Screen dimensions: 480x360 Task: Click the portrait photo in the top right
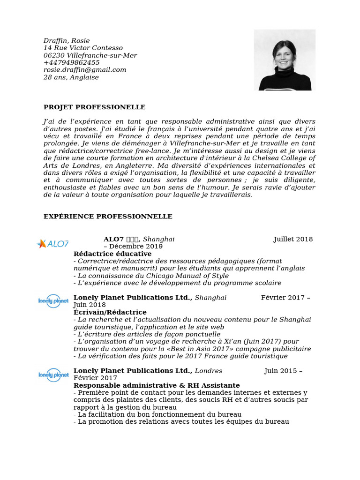point(285,60)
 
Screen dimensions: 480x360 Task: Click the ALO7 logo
point(53,244)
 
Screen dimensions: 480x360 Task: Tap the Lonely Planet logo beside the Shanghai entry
point(53,301)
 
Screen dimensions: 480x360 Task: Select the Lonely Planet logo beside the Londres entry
point(53,375)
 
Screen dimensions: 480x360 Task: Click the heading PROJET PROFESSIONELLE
point(94,107)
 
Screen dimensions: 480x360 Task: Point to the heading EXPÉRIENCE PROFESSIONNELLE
point(108,217)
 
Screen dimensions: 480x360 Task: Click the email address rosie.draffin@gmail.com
point(85,70)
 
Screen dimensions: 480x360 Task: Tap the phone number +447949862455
point(72,63)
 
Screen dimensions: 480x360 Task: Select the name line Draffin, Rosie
point(67,41)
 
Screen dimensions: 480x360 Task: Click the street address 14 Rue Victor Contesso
point(83,48)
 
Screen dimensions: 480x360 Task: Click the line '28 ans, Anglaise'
point(71,77)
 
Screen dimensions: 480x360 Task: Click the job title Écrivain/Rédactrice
point(110,312)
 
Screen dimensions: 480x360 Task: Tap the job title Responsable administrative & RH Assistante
point(157,385)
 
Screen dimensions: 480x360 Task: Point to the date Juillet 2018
point(293,240)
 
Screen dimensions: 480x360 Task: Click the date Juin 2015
point(280,371)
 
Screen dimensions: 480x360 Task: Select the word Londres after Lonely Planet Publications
point(209,371)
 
